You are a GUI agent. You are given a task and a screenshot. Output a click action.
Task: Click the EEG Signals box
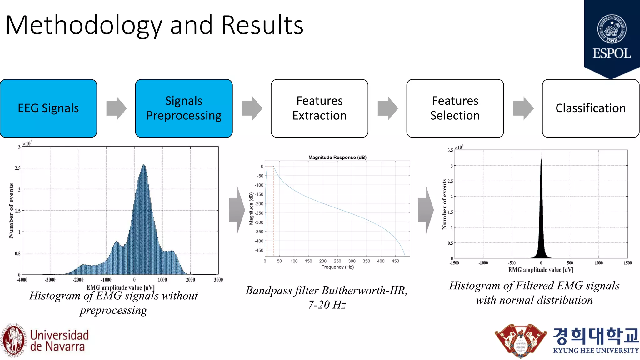(x=48, y=108)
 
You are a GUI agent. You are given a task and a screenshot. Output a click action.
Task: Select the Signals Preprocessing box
(x=184, y=108)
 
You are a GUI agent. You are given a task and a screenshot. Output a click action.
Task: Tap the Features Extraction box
(x=319, y=108)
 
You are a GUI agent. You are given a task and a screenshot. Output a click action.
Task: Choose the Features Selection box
(x=455, y=108)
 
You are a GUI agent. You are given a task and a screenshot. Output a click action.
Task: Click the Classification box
(x=590, y=108)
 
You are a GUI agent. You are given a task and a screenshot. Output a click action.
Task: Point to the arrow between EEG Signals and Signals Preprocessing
(x=116, y=108)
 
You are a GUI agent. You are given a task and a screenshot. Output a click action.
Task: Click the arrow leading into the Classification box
(x=523, y=108)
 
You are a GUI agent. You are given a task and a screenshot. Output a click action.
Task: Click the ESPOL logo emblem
(x=612, y=29)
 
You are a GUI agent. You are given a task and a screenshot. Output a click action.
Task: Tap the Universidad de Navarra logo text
(x=59, y=341)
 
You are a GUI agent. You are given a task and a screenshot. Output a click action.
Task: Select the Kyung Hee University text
(x=596, y=351)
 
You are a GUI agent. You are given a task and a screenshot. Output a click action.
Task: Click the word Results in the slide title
(x=262, y=25)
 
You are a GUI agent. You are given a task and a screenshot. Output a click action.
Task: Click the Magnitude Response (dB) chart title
(x=337, y=157)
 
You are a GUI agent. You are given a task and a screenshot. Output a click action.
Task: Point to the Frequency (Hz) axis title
(x=337, y=267)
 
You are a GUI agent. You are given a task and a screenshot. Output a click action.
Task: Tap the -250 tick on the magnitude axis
(x=259, y=213)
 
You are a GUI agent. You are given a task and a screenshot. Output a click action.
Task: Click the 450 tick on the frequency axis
(x=395, y=261)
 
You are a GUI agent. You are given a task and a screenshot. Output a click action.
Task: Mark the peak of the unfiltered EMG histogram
(x=143, y=165)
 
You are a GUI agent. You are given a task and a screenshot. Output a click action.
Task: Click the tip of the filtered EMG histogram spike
(x=541, y=159)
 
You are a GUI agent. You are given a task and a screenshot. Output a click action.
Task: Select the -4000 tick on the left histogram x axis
(x=22, y=280)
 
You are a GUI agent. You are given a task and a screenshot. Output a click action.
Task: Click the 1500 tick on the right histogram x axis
(x=627, y=263)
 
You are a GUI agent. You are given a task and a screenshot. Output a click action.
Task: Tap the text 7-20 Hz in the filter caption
(x=327, y=305)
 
